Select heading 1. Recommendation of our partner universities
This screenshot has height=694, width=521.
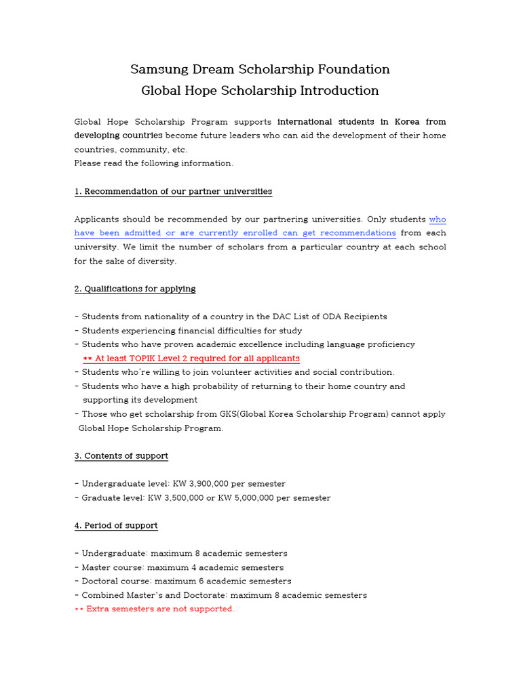coord(173,192)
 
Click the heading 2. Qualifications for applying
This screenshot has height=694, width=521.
coord(135,289)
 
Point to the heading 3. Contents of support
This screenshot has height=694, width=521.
coord(121,456)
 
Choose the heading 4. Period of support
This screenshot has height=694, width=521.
coord(116,526)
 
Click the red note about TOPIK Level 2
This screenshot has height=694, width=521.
coord(191,359)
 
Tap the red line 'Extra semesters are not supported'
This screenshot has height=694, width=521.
coord(155,609)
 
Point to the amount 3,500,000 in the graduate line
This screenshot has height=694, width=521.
coord(191,498)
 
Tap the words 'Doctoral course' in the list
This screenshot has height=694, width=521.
coord(115,581)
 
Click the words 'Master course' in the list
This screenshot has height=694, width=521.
coord(112,567)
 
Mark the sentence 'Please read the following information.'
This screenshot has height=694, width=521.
coord(153,163)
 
